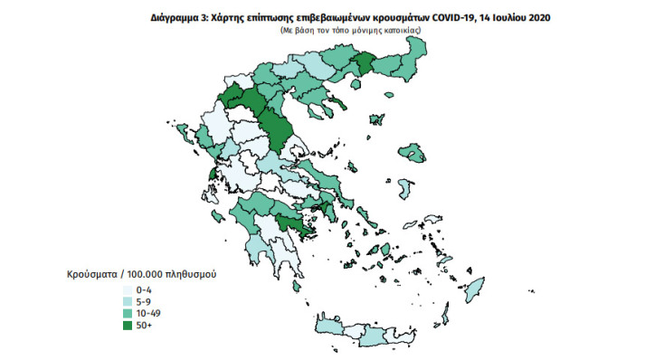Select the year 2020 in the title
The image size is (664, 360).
click(531, 16)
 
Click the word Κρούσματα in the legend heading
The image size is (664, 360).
click(90, 273)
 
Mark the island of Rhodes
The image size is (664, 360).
click(473, 290)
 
